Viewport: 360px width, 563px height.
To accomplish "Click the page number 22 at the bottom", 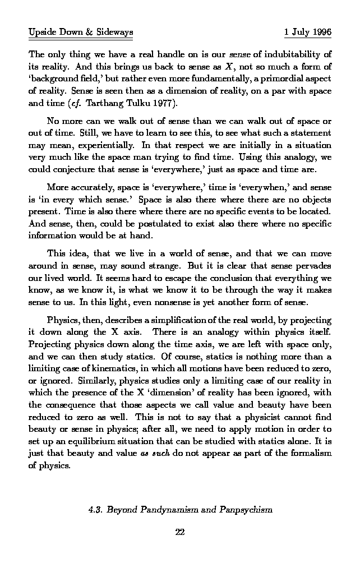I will (180, 532).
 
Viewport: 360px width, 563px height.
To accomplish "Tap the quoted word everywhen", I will (241, 187).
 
